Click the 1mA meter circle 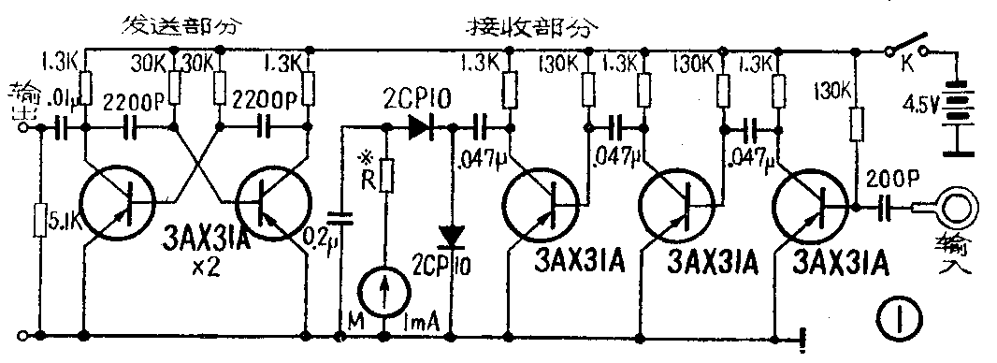385,292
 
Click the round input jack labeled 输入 951,207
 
